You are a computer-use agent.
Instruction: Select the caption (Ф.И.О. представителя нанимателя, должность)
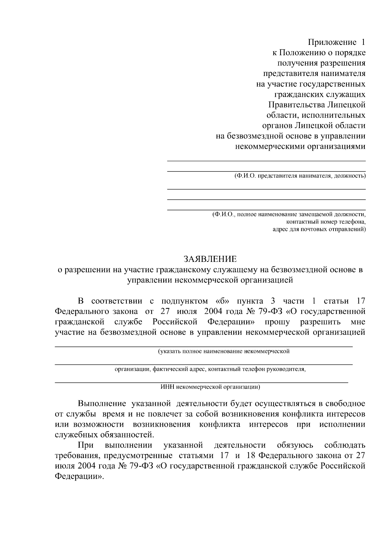point(300,176)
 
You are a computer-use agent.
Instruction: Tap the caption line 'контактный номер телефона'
point(326,222)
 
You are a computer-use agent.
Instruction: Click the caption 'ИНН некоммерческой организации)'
point(210,387)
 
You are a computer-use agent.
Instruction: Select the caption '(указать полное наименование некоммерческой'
point(224,351)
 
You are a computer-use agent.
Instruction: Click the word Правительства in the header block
point(296,105)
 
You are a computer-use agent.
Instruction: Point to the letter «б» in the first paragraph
point(220,301)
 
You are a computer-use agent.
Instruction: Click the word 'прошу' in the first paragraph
point(277,322)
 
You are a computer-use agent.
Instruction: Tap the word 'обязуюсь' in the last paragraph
point(295,445)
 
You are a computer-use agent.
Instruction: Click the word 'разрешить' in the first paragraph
point(320,322)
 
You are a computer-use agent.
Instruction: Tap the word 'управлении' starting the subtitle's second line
point(149,280)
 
